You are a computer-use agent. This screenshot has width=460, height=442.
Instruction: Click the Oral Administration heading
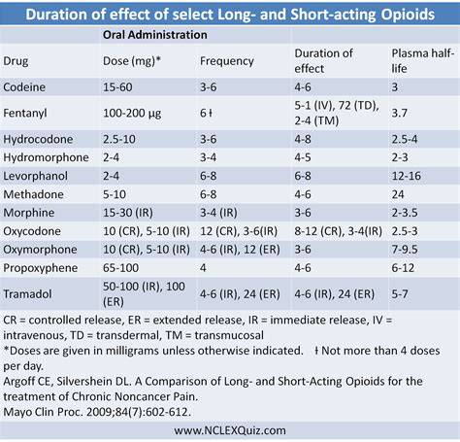coord(155,35)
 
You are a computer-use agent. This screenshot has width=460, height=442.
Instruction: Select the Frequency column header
coord(227,61)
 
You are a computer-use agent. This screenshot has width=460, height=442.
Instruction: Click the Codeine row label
coord(24,87)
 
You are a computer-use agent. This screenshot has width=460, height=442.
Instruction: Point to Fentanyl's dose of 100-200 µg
coord(132,114)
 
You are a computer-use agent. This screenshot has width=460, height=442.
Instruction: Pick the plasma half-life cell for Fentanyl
coord(399,113)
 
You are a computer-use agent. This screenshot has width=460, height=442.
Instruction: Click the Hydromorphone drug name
coord(46,157)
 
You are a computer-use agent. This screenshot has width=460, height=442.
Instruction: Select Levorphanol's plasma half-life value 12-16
coord(406,176)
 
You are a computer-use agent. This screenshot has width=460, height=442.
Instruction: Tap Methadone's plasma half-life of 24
coord(398,194)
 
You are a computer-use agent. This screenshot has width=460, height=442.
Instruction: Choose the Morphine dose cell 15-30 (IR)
coord(128,213)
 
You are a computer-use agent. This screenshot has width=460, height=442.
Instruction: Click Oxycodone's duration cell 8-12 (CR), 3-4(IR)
coord(338,231)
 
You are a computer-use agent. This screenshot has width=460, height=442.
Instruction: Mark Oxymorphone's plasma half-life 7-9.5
coord(405,250)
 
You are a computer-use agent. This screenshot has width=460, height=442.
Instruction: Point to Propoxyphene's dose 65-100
coord(120,268)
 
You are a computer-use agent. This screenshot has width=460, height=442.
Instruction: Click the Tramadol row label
coord(27,294)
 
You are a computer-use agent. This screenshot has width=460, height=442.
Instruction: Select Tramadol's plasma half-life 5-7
coord(400,294)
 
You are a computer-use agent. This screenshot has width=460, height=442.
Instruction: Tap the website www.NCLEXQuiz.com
coord(230,430)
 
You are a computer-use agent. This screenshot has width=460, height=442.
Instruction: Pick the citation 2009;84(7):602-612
coord(139,412)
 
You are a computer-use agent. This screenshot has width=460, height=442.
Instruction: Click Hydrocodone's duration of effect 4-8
coord(303,139)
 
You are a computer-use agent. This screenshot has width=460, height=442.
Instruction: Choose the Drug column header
coord(16,61)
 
